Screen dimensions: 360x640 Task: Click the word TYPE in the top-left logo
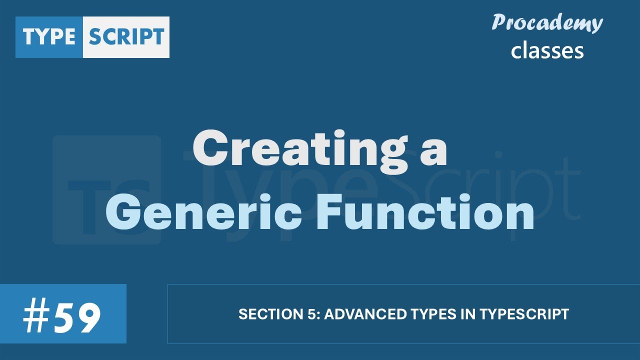[x=49, y=37]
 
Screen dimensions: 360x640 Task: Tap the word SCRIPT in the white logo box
[x=126, y=37]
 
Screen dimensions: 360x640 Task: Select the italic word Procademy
[x=547, y=23]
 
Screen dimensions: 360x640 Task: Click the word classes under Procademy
[x=547, y=50]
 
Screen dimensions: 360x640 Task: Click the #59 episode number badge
[x=63, y=314]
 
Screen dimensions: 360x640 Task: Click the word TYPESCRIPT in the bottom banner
[x=524, y=314]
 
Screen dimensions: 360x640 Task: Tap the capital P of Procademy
[x=499, y=23]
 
